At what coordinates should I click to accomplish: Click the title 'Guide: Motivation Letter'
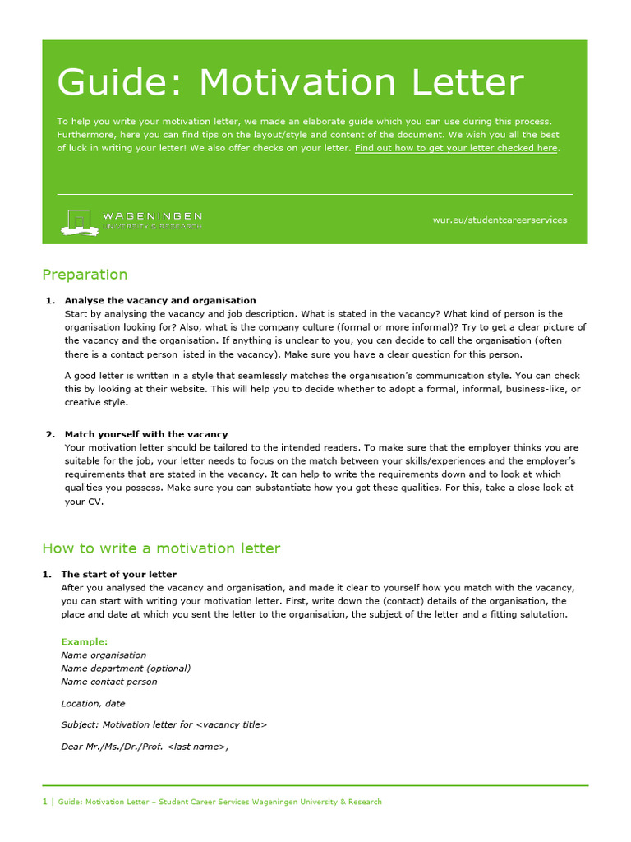[289, 83]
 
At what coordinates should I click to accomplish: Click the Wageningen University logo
[131, 220]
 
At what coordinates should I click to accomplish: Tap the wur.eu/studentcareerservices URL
[500, 220]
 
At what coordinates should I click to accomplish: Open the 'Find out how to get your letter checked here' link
[456, 149]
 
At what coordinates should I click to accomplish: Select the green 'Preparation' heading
[85, 275]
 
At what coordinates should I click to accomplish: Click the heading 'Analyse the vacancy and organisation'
[160, 301]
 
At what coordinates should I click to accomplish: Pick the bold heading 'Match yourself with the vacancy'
[146, 434]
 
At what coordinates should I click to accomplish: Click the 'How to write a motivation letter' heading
[161, 548]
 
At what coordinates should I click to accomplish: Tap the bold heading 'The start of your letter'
[120, 575]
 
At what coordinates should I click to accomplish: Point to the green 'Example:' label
[85, 641]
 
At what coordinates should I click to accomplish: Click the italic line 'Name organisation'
[104, 655]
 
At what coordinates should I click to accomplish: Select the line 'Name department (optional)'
[126, 669]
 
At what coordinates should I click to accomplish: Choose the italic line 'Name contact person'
[109, 682]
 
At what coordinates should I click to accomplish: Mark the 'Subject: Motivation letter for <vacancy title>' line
[164, 725]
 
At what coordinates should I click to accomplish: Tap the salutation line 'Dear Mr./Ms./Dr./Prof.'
[145, 747]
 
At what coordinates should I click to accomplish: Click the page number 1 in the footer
[44, 802]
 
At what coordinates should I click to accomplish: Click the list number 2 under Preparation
[49, 434]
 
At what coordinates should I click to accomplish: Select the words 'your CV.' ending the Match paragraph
[84, 502]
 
